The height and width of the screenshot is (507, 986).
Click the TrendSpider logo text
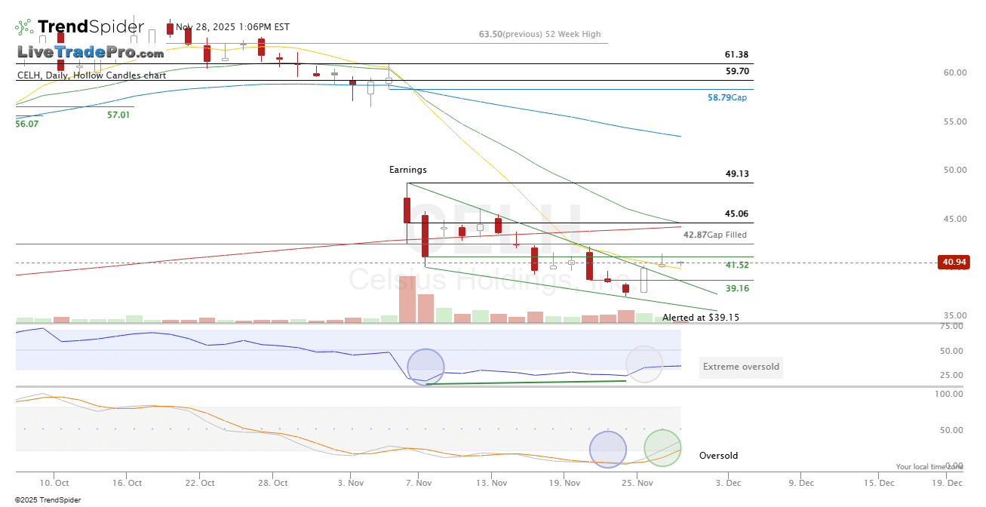click(91, 27)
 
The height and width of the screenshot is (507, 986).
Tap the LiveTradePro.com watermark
click(91, 53)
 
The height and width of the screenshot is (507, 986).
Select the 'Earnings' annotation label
click(408, 170)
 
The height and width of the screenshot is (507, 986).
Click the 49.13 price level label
click(736, 174)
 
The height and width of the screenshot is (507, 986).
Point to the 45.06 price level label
click(736, 214)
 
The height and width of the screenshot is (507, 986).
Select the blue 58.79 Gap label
click(727, 97)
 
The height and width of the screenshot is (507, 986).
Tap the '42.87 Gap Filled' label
click(715, 235)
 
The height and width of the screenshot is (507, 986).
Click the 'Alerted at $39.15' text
click(701, 318)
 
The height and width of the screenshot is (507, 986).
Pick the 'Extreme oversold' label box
click(739, 367)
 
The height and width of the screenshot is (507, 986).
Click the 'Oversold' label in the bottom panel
click(718, 456)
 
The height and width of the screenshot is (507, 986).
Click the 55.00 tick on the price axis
click(955, 121)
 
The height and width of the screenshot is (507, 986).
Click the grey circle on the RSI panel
click(644, 364)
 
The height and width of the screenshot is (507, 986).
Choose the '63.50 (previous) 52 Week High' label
click(540, 34)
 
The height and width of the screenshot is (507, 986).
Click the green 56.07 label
click(26, 123)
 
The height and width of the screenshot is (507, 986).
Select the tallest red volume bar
click(407, 300)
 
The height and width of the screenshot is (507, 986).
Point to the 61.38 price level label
click(736, 54)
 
